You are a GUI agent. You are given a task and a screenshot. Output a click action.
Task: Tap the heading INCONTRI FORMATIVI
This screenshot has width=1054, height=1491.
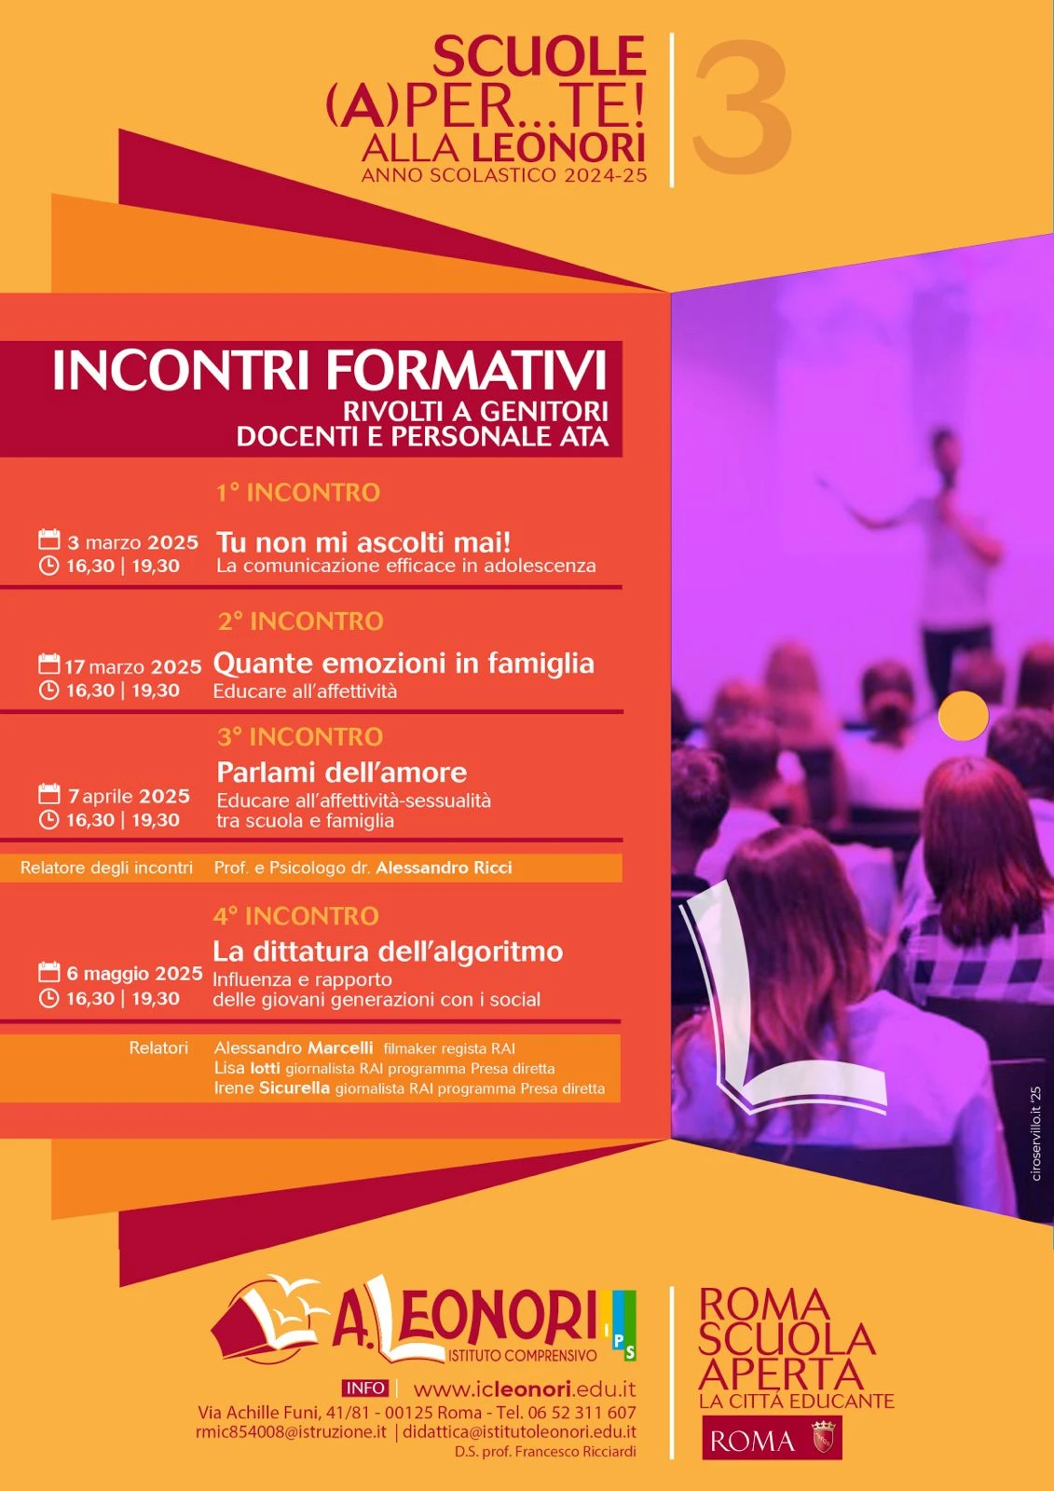tap(330, 371)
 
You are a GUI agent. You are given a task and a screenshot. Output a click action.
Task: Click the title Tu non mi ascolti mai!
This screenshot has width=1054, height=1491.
tap(363, 541)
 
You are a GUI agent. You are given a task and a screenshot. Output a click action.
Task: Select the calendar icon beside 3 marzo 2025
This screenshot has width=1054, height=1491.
tap(49, 540)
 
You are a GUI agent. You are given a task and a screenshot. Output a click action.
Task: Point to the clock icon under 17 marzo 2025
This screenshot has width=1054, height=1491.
tap(49, 690)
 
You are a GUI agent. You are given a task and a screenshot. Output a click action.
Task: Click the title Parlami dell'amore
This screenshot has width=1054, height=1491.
tap(342, 773)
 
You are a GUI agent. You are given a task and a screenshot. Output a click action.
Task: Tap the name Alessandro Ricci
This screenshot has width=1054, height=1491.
tap(444, 868)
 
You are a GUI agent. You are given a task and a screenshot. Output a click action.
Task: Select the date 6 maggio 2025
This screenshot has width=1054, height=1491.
tap(134, 974)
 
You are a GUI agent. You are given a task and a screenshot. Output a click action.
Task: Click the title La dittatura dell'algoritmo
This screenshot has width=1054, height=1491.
tap(388, 951)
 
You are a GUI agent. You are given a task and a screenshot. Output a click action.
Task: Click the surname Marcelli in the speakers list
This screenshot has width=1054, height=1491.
tap(339, 1047)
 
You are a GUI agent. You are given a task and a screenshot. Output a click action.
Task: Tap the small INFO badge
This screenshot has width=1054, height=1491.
tap(365, 1388)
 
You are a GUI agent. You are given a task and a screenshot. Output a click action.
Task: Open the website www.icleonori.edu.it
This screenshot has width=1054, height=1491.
tap(525, 1389)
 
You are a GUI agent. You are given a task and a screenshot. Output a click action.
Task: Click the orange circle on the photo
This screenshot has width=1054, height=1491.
tap(964, 716)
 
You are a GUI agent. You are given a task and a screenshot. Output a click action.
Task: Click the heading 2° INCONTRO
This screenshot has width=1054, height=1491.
tap(301, 622)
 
